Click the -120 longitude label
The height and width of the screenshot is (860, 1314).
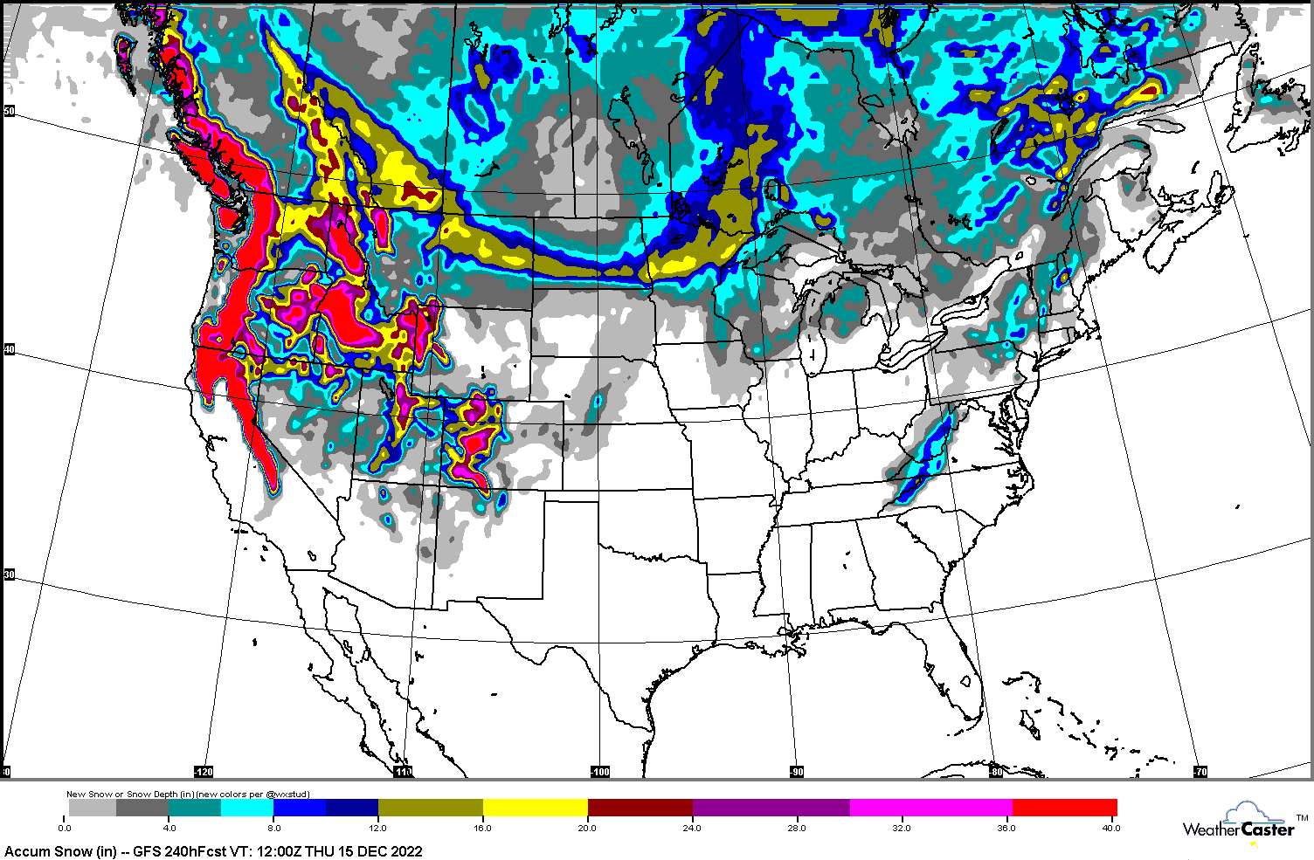click(x=203, y=772)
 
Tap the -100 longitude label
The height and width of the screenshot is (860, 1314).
click(x=599, y=772)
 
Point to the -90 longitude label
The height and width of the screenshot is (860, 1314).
click(x=797, y=772)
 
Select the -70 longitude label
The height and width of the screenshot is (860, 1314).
click(x=1200, y=772)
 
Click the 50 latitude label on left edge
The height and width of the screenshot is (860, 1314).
click(x=9, y=111)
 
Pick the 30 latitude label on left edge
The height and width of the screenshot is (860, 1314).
click(x=9, y=574)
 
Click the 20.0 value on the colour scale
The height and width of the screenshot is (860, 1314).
click(x=587, y=828)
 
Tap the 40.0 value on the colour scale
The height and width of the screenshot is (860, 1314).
click(x=1110, y=828)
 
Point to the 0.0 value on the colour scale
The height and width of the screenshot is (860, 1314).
click(x=65, y=828)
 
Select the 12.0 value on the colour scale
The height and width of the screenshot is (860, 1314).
click(x=377, y=828)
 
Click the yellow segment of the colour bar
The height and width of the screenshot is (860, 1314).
click(x=535, y=808)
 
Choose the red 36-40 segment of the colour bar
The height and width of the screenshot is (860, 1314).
click(x=1064, y=808)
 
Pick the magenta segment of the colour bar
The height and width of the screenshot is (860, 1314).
click(x=930, y=808)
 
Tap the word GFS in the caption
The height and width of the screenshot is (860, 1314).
click(x=146, y=851)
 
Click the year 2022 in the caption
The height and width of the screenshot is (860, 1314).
click(x=405, y=851)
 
